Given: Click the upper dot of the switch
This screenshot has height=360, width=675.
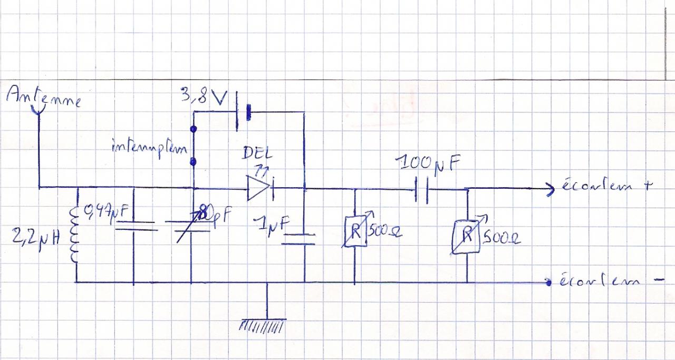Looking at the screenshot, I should (x=194, y=128).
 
